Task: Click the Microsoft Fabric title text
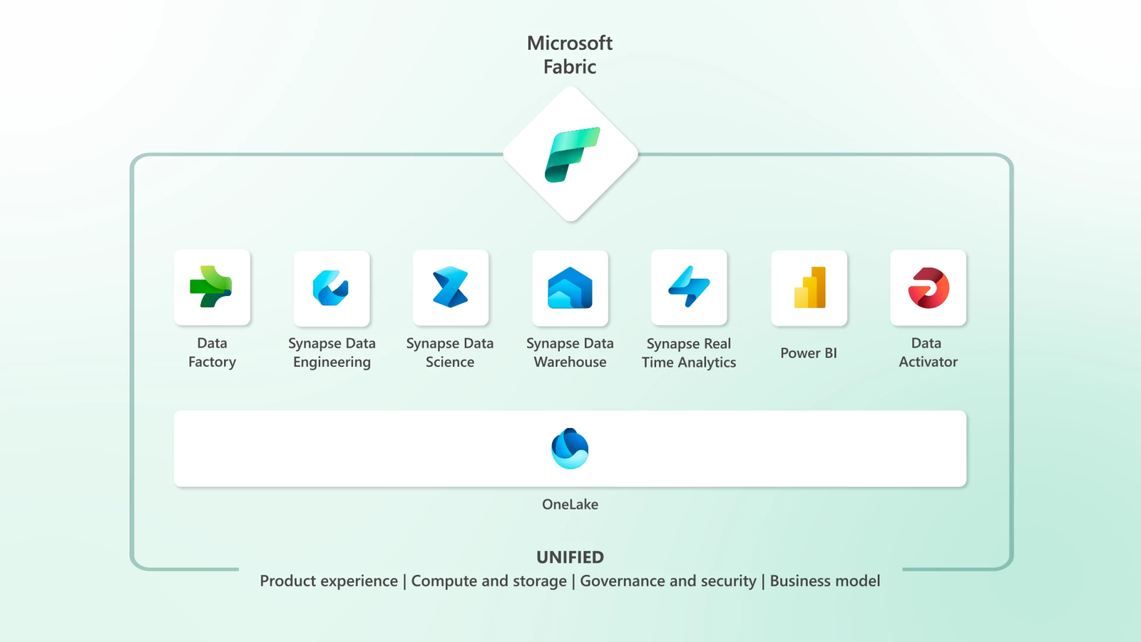click(x=570, y=55)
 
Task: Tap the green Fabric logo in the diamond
click(x=571, y=154)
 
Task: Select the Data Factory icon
click(x=212, y=287)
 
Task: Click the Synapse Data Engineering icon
click(x=331, y=288)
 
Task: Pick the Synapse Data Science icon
click(x=451, y=287)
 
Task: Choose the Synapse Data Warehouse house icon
click(x=570, y=288)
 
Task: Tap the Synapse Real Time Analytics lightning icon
click(x=689, y=287)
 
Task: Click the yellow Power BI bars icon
click(x=809, y=288)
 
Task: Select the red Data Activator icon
click(x=928, y=287)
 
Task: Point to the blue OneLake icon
click(x=570, y=449)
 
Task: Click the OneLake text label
click(x=570, y=504)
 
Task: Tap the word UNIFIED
click(x=570, y=557)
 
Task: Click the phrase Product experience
click(x=329, y=581)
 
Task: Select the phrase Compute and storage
click(x=489, y=581)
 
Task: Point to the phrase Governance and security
click(x=668, y=581)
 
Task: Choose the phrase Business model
click(x=825, y=581)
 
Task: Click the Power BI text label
click(x=809, y=353)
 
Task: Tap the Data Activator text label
click(x=928, y=352)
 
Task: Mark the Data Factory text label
click(x=212, y=352)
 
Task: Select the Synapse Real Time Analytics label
click(x=689, y=353)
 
